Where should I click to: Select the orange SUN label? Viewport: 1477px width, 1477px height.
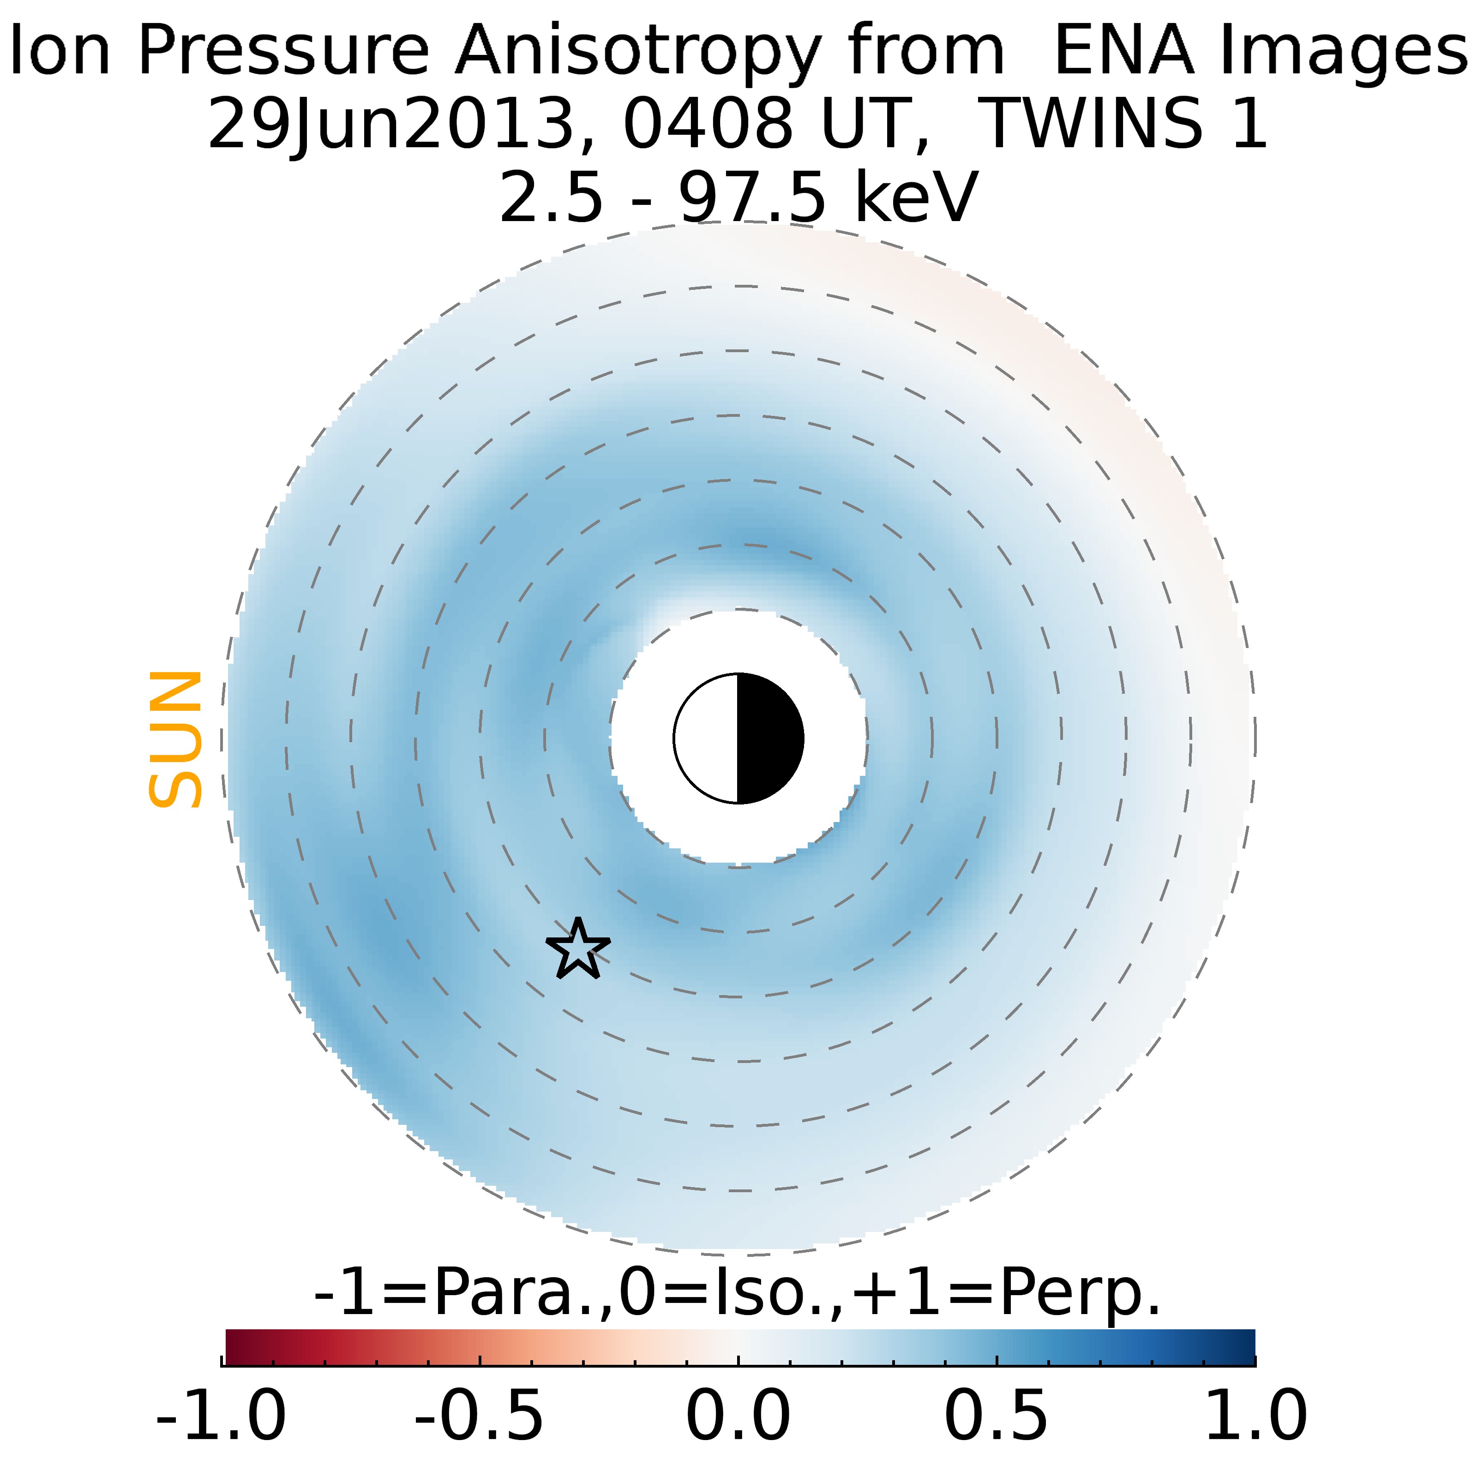click(176, 738)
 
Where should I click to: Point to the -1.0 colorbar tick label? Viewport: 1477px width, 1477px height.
click(221, 1417)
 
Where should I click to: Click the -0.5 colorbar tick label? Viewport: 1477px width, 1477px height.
click(480, 1417)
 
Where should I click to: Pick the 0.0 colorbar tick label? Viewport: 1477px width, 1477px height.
click(738, 1417)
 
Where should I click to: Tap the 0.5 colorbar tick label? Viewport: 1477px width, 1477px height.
click(996, 1417)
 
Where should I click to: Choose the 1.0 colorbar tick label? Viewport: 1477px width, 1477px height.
click(1255, 1417)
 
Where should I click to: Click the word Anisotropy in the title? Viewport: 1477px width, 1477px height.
click(638, 52)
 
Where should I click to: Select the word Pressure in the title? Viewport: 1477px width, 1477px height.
click(283, 52)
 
